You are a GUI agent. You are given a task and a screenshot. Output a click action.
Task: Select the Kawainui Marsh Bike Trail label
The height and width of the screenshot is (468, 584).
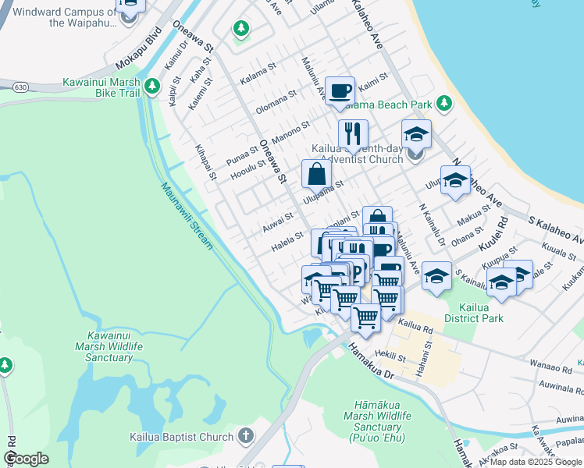101,88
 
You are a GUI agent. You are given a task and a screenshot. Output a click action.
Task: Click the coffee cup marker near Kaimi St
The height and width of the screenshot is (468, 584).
340,90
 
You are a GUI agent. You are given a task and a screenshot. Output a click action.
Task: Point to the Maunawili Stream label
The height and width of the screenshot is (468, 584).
187,215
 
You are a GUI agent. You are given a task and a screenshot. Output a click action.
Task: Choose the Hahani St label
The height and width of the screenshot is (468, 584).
421,363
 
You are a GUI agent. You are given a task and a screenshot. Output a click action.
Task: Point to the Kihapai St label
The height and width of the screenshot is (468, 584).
206,161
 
